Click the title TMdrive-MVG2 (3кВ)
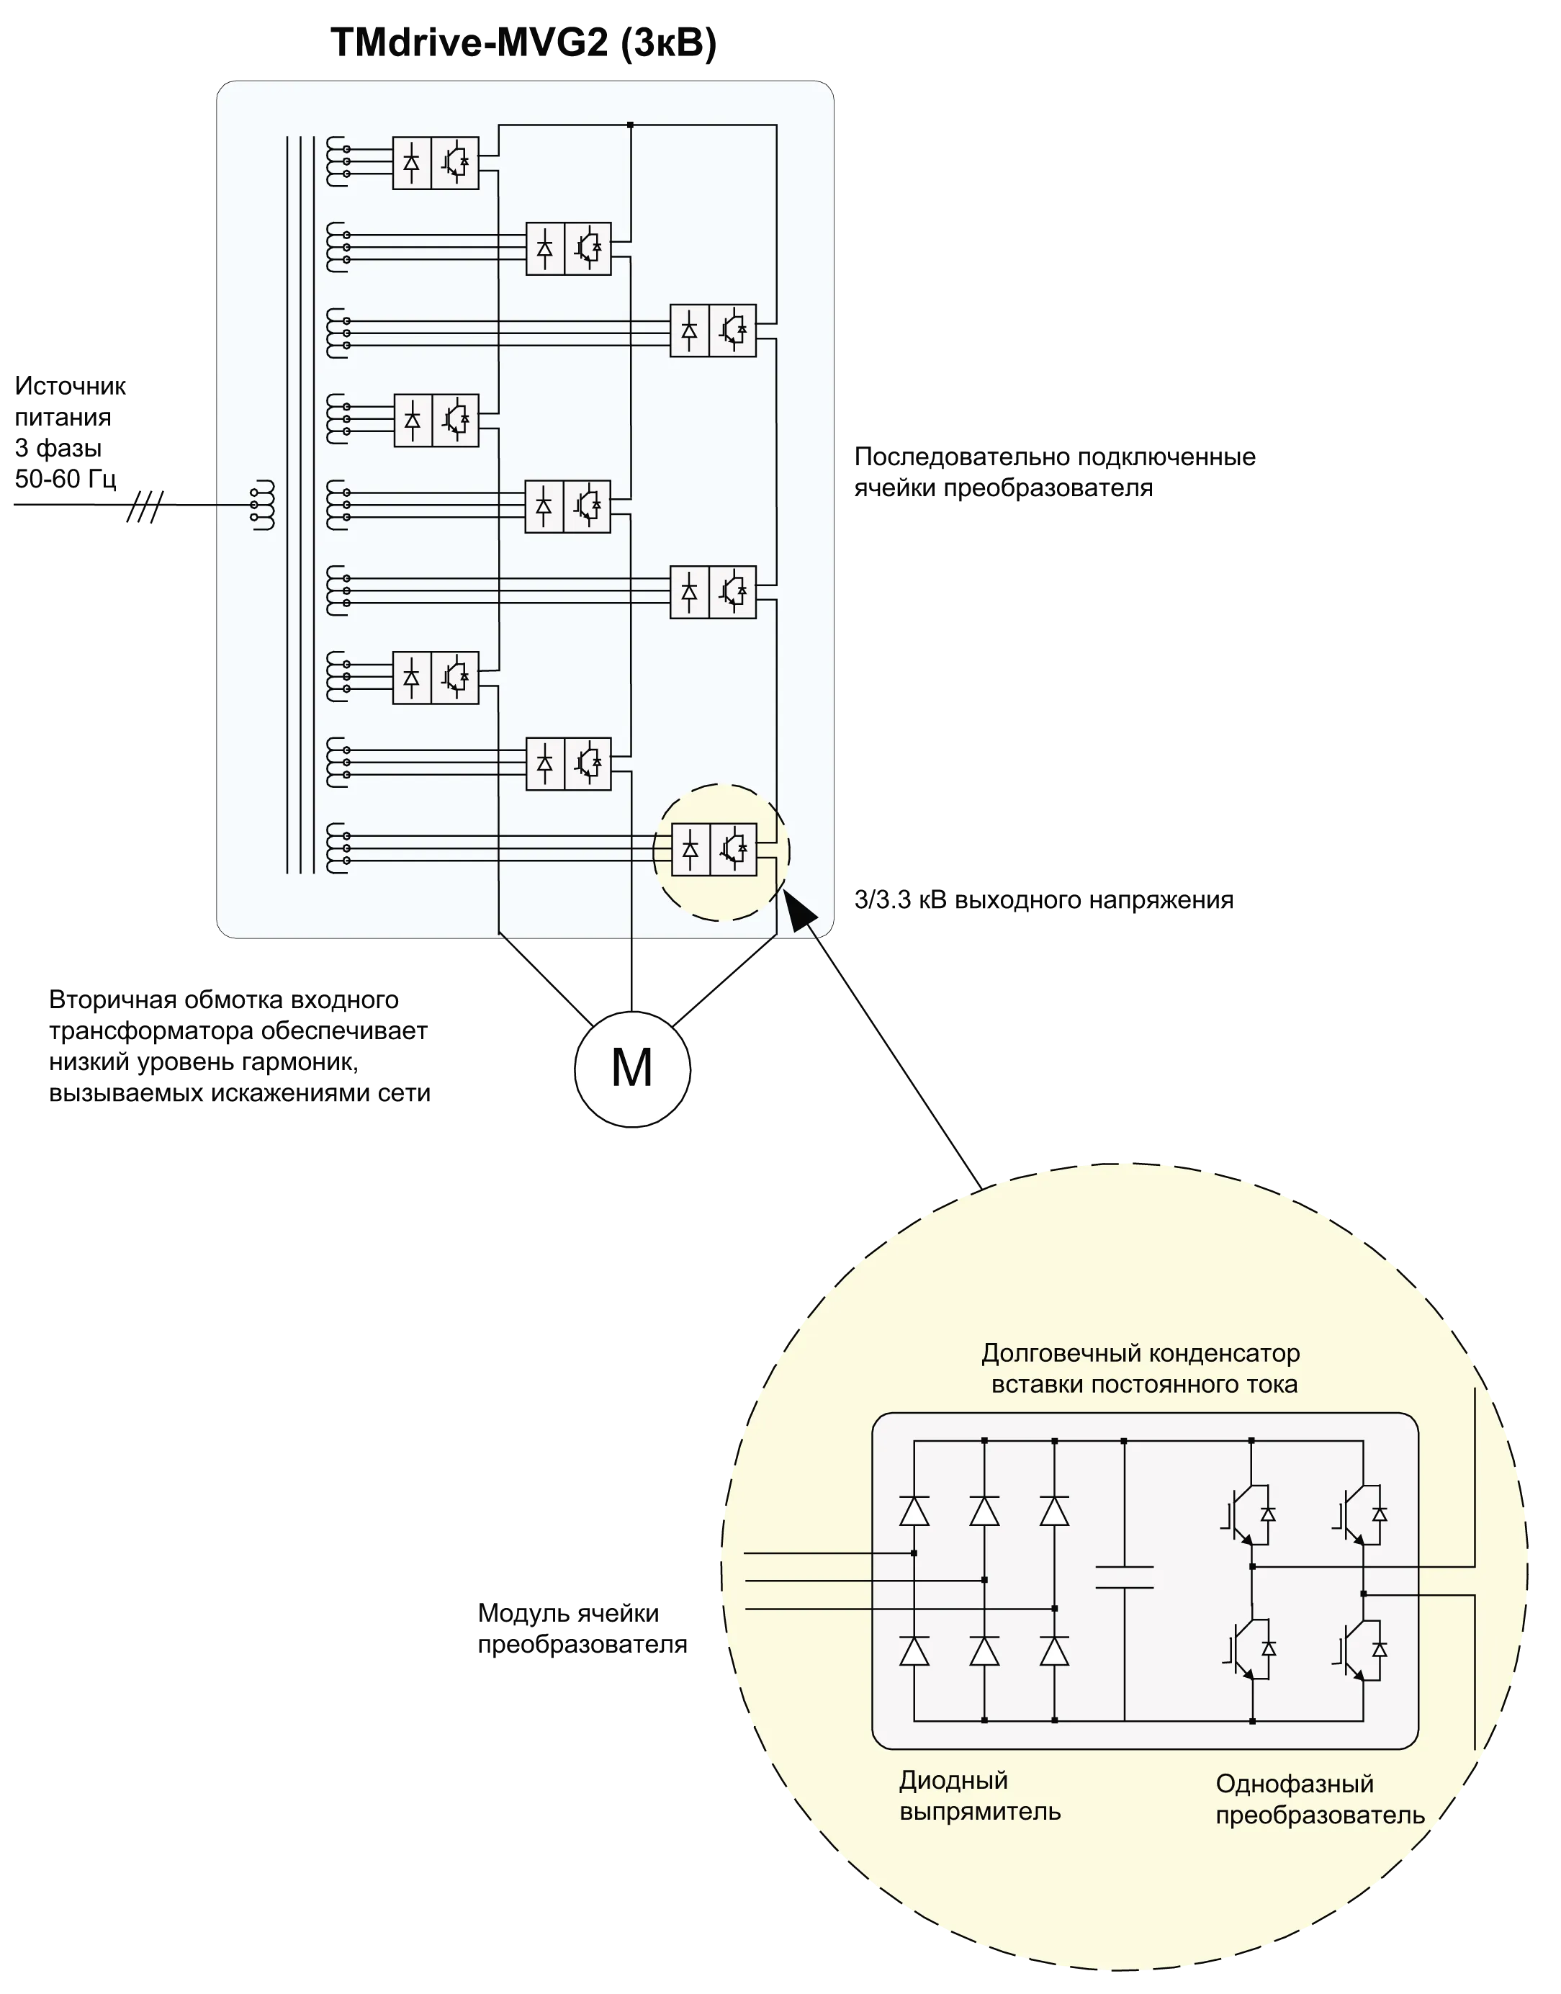pyautogui.click(x=523, y=43)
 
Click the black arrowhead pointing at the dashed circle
pyautogui.click(x=801, y=910)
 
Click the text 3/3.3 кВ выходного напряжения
pyautogui.click(x=1044, y=900)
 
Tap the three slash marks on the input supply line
pyautogui.click(x=145, y=506)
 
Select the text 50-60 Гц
pyautogui.click(x=65, y=479)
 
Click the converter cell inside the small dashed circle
pyautogui.click(x=714, y=850)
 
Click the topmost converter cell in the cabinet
pyautogui.click(x=435, y=163)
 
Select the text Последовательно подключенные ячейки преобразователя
pyautogui.click(x=1055, y=472)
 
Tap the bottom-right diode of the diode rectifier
pyautogui.click(x=1055, y=1651)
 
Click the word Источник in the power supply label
pyautogui.click(x=71, y=387)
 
